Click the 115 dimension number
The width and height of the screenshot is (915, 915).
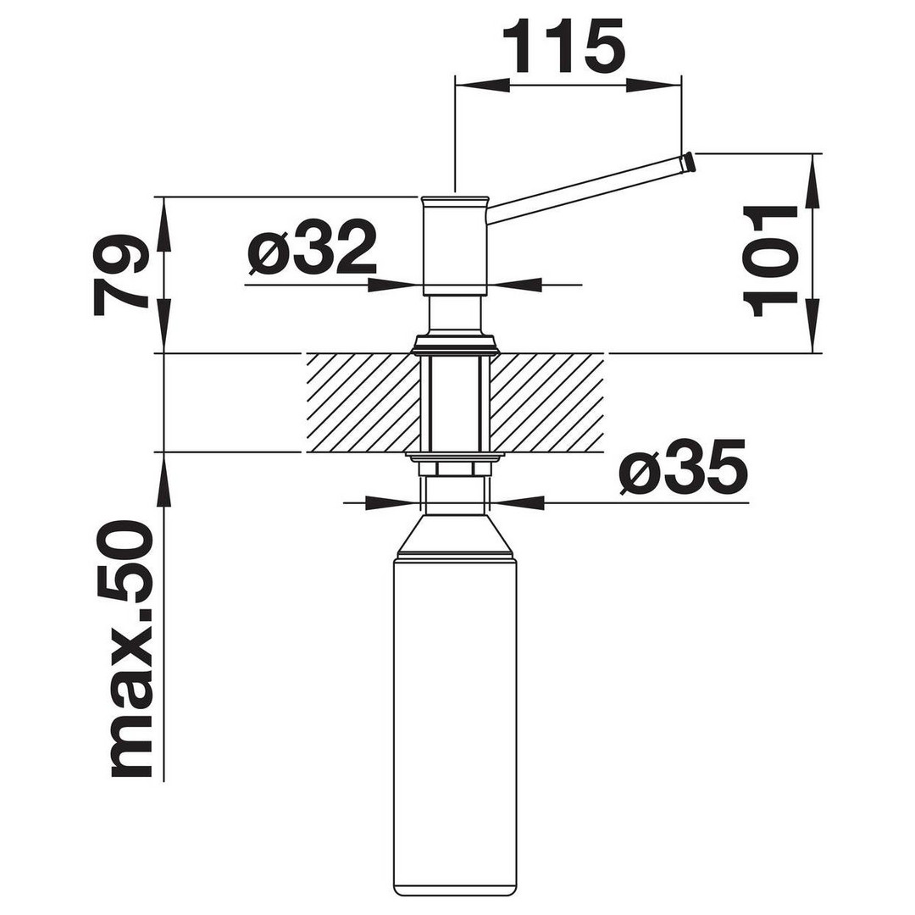pyautogui.click(x=563, y=46)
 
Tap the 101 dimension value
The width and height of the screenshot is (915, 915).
pyautogui.click(x=770, y=261)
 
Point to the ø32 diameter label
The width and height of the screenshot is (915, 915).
pyautogui.click(x=312, y=247)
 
